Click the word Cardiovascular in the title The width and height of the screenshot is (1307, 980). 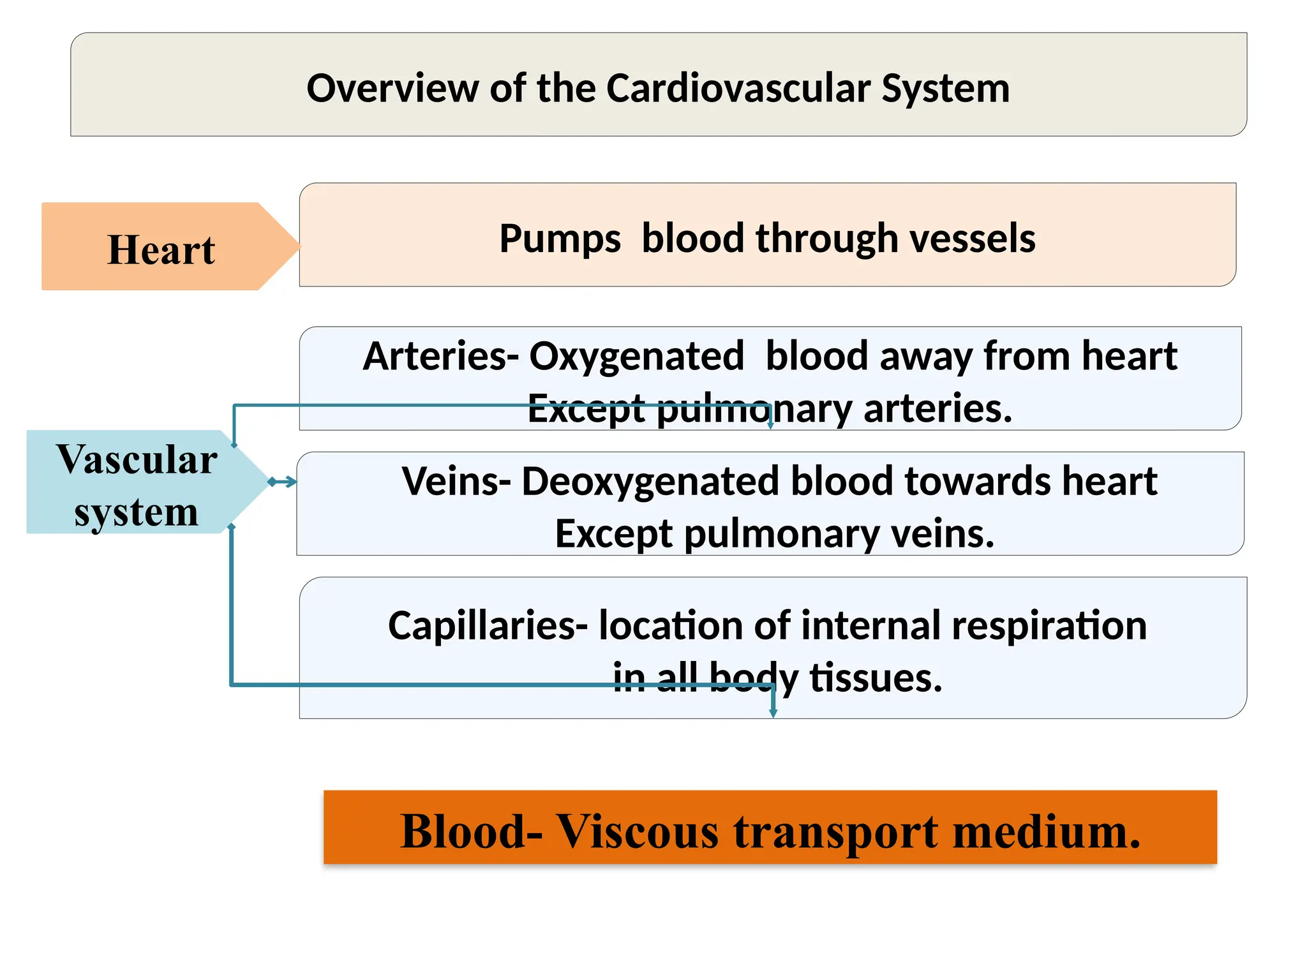(737, 88)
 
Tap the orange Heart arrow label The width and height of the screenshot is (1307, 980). (161, 249)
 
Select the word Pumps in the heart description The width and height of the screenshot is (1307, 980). (560, 239)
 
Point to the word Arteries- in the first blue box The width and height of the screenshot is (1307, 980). (440, 356)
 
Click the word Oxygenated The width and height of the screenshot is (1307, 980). (636, 356)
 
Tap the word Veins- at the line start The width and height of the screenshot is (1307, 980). (456, 481)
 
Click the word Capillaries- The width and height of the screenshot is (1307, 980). (487, 625)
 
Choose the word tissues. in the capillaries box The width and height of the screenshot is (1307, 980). (876, 678)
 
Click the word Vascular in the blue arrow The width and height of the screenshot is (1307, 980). (137, 459)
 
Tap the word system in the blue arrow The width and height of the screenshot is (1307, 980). (136, 512)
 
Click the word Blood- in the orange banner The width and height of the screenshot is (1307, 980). (471, 831)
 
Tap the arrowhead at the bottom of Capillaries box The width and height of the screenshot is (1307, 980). (773, 712)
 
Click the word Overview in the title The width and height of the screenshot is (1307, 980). (392, 88)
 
